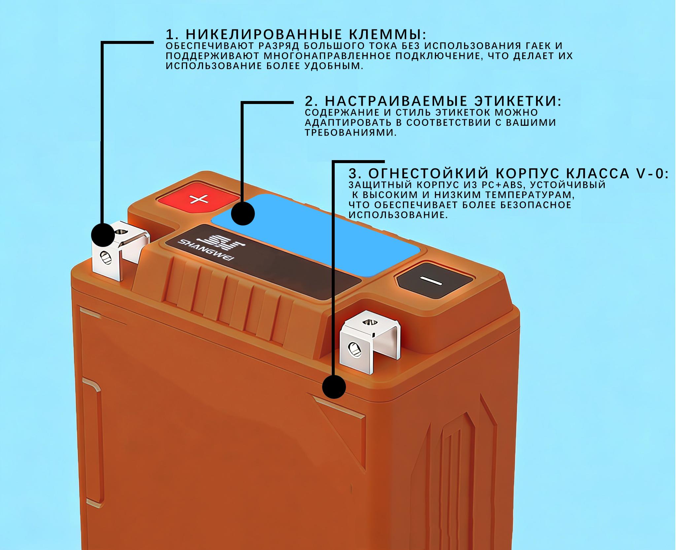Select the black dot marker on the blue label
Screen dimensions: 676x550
[x=243, y=214]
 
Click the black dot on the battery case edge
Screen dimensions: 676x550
[x=334, y=387]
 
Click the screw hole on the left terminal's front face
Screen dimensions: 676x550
[x=105, y=257]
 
